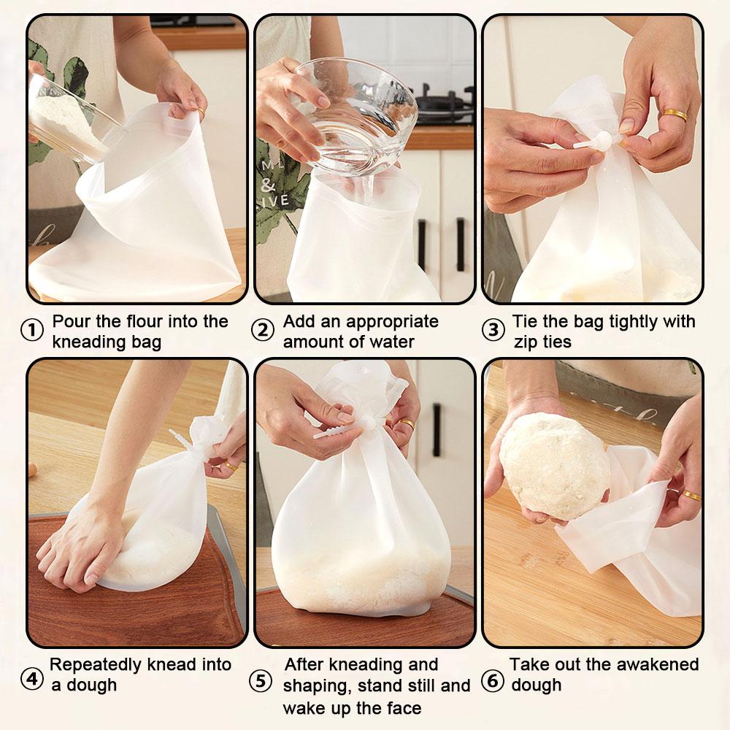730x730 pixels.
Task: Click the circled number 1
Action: (x=32, y=331)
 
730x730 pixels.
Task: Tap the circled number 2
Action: (x=263, y=331)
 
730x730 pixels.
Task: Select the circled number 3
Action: (x=493, y=331)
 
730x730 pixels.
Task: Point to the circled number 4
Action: (x=32, y=679)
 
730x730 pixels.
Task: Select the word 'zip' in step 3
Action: (x=527, y=341)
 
